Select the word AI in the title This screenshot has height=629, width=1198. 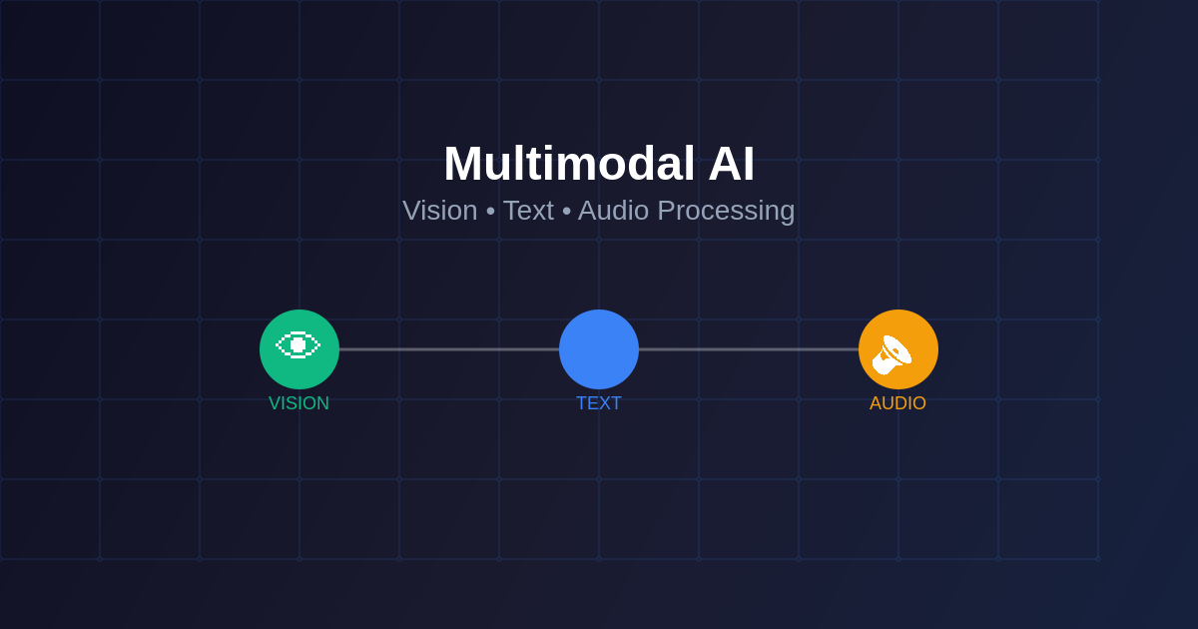[731, 164]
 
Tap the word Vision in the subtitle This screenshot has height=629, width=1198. [439, 211]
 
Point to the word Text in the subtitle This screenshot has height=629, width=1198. [528, 211]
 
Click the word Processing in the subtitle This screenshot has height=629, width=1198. [727, 212]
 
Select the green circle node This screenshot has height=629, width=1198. [299, 349]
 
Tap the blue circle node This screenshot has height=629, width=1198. [599, 349]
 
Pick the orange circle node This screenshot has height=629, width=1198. [898, 349]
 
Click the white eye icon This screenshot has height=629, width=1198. [298, 345]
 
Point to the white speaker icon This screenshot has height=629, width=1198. [892, 355]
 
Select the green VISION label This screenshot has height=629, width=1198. [299, 403]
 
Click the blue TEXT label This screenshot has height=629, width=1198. [599, 403]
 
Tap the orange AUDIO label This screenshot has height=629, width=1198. [898, 403]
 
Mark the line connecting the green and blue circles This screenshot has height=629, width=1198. [449, 349]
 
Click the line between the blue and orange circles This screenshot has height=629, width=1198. [749, 349]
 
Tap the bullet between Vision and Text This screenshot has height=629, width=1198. [490, 212]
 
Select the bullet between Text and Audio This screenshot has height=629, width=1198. [566, 212]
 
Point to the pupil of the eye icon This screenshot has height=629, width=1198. [298, 345]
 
